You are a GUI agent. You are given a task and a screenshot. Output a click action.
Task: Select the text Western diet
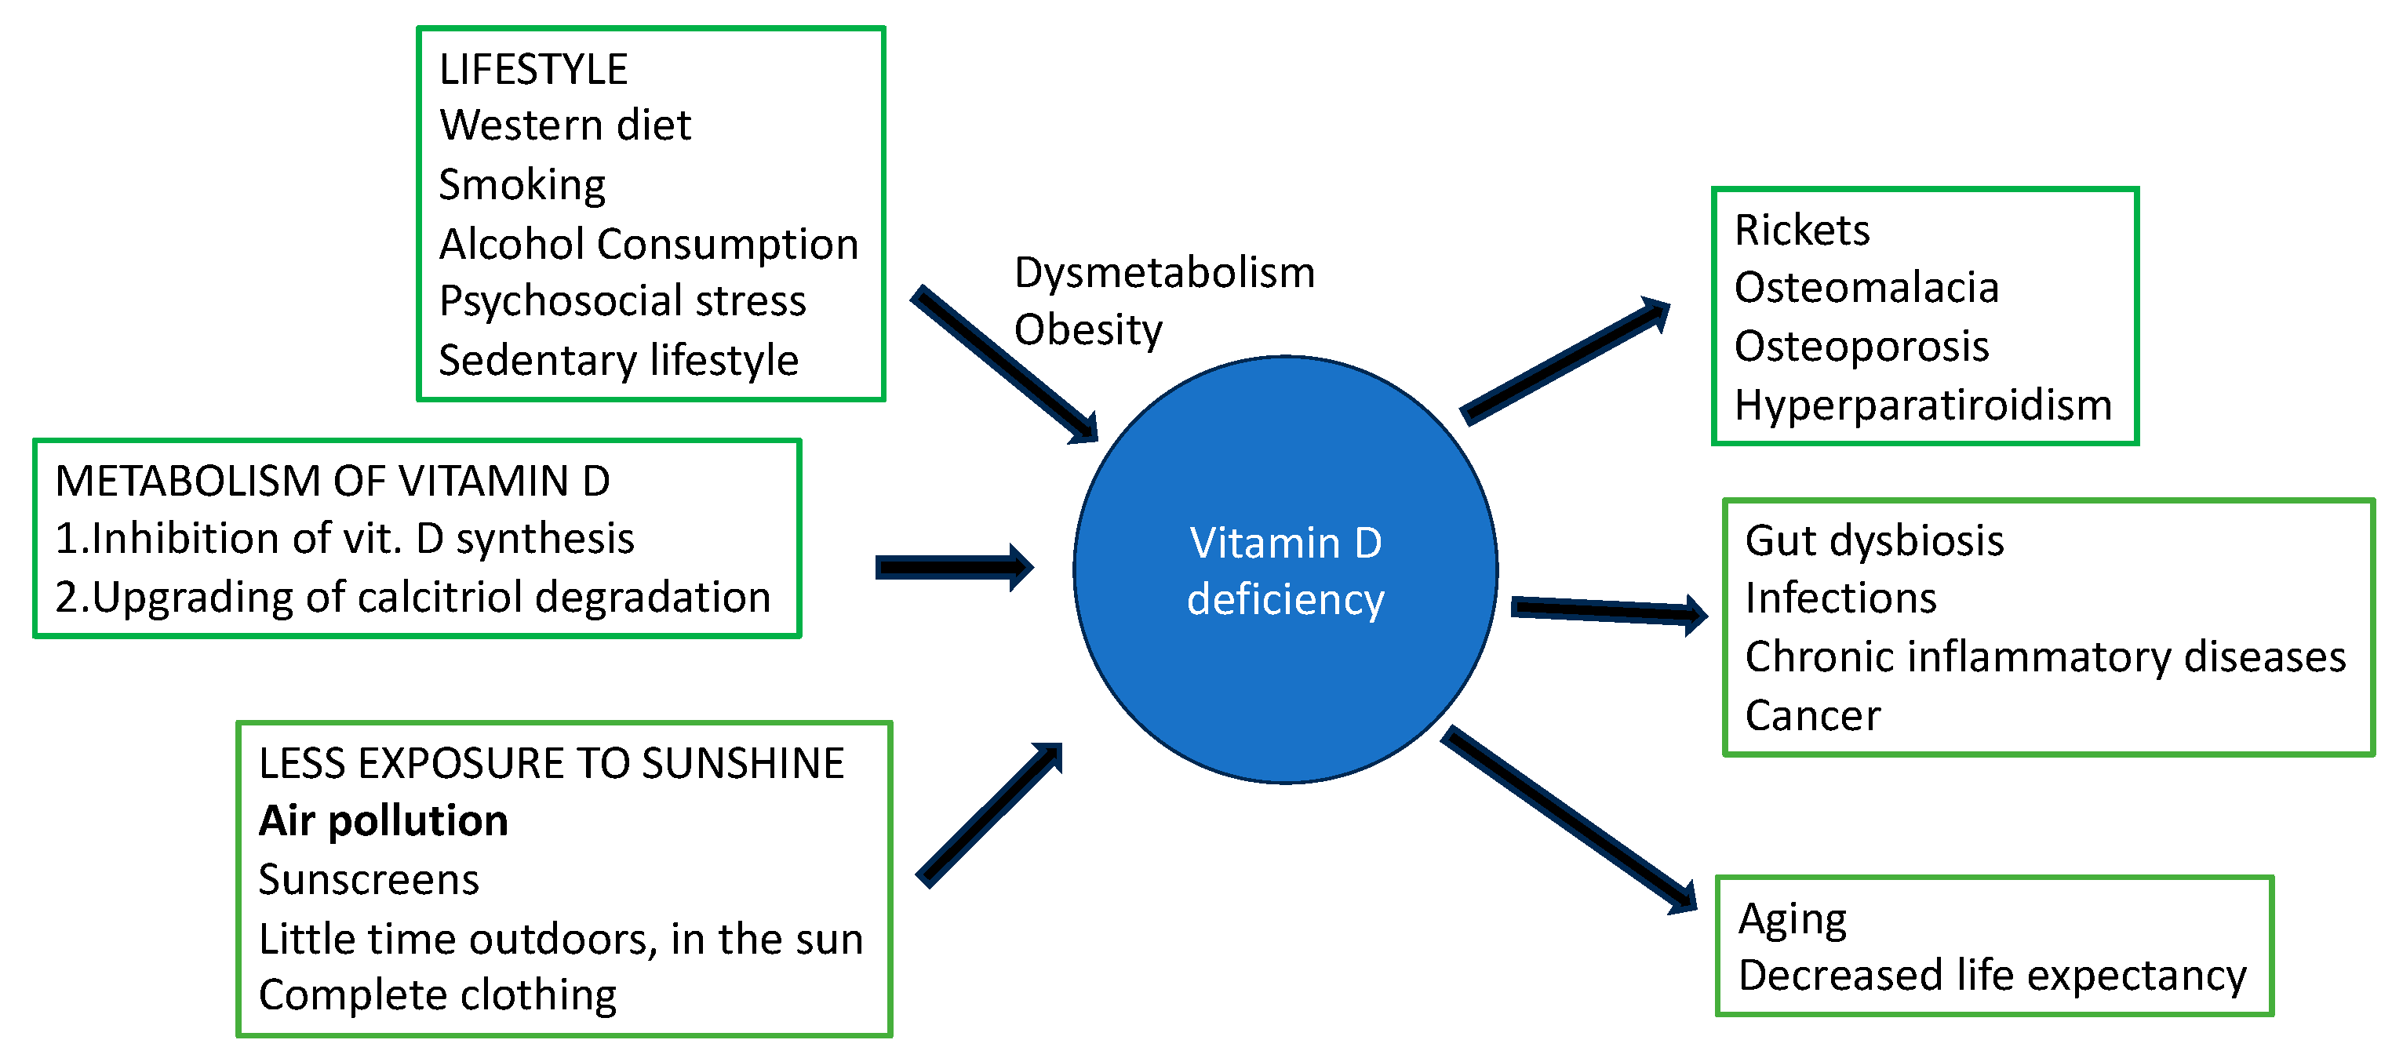[565, 125]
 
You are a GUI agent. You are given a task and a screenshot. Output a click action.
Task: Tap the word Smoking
[522, 184]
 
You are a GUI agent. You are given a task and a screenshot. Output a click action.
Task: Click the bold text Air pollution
[383, 821]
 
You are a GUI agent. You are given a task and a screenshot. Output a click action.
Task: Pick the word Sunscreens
[369, 880]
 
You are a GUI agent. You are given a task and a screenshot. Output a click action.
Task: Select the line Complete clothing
[436, 995]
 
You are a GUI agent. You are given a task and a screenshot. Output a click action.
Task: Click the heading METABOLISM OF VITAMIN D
[333, 481]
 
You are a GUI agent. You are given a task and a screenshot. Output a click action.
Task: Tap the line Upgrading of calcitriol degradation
[413, 597]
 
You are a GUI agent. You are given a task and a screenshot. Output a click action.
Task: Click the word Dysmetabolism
[1163, 273]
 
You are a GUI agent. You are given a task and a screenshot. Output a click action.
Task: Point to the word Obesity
[1087, 330]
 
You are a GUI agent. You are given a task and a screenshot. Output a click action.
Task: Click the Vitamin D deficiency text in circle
[1285, 571]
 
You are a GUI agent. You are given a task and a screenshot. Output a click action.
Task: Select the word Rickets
[1801, 230]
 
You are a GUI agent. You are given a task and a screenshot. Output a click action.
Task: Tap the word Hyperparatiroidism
[1922, 405]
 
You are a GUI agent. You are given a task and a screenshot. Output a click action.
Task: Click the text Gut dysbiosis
[1874, 541]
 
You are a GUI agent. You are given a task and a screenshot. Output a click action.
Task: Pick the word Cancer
[1811, 715]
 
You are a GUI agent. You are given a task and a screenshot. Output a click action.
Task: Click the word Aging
[1792, 919]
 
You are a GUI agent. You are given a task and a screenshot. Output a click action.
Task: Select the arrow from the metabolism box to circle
[952, 567]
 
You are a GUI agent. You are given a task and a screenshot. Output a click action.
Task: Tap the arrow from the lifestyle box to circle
[1003, 363]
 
